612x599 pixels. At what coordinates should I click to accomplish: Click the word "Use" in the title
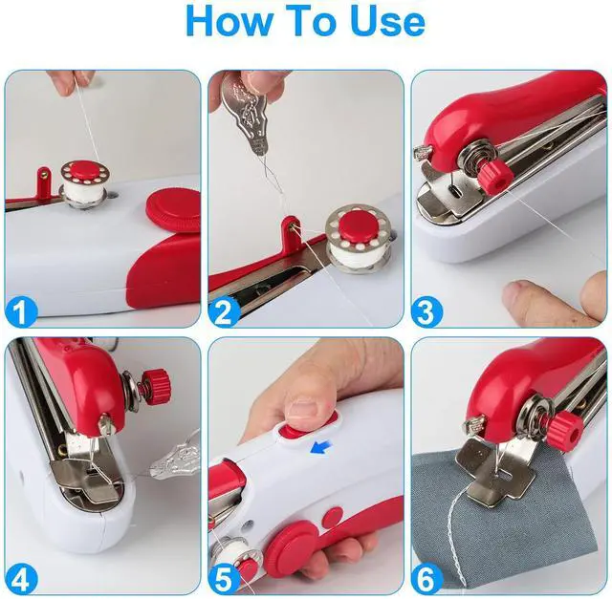tap(387, 21)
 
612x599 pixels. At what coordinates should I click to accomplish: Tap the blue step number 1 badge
tap(21, 311)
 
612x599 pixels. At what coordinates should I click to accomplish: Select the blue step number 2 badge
tap(225, 311)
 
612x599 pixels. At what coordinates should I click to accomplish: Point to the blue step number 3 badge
tap(427, 311)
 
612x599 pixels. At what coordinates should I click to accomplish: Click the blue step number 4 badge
tap(21, 580)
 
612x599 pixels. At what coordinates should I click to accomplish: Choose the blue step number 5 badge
tap(225, 580)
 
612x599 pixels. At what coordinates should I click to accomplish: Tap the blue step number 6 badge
tap(427, 580)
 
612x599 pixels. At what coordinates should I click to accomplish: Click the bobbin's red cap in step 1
tap(85, 169)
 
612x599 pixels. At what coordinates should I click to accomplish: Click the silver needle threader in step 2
tap(245, 117)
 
